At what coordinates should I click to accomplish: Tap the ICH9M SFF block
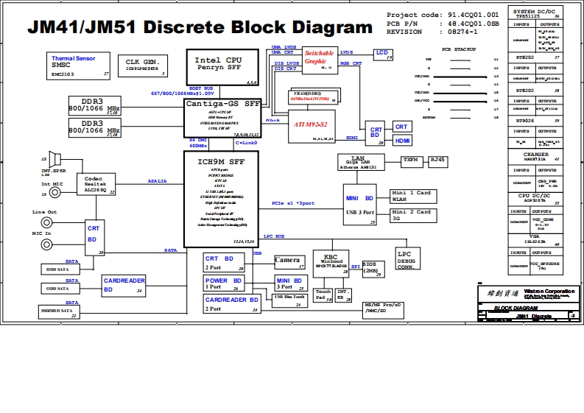point(220,198)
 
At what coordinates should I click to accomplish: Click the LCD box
point(381,54)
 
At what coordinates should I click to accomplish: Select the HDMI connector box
point(402,141)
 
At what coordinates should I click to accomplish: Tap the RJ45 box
point(437,160)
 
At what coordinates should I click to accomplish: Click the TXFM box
point(410,160)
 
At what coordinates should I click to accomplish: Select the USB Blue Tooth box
point(289,298)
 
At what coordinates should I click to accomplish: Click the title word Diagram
point(322,28)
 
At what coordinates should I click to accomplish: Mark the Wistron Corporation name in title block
point(549,291)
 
